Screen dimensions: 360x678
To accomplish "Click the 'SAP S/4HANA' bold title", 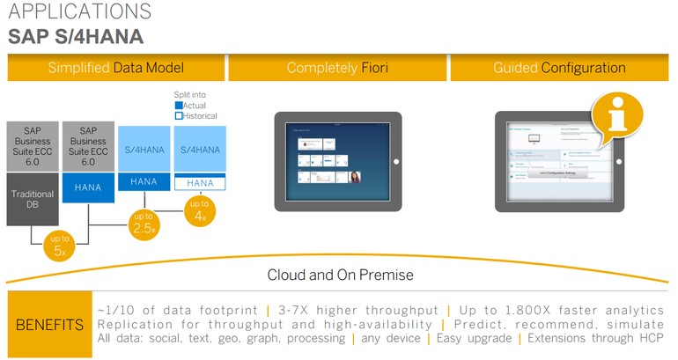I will (x=76, y=37).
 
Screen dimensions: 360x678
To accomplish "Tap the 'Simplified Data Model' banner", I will (x=115, y=68).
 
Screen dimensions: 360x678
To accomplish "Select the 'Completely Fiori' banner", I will (x=337, y=68).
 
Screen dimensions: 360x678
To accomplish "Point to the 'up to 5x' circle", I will (x=59, y=246).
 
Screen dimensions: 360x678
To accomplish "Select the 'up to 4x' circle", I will (x=201, y=209).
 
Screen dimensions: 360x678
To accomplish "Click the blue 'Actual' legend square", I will (x=179, y=106).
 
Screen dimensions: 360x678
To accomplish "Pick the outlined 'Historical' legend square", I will (x=179, y=116).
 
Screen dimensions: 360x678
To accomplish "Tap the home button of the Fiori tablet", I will (x=396, y=161).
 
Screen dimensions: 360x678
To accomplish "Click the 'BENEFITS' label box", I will (x=49, y=325).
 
